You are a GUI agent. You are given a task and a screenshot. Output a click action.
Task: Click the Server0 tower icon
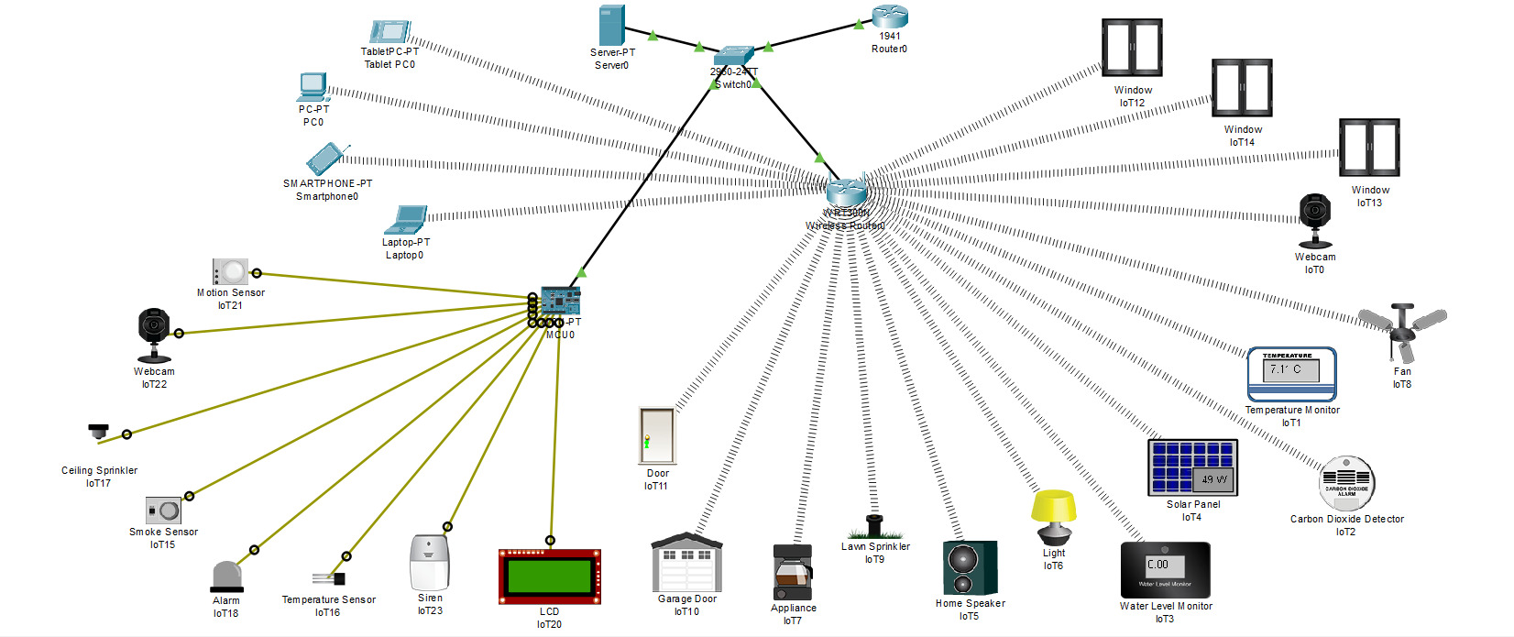click(x=611, y=26)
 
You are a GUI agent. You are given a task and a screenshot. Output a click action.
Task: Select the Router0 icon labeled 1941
click(x=889, y=16)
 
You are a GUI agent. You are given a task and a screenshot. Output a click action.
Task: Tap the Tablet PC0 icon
click(x=391, y=33)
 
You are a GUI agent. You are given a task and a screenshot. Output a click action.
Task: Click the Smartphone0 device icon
click(x=325, y=159)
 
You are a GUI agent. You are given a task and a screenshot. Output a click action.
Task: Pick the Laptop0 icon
click(x=406, y=221)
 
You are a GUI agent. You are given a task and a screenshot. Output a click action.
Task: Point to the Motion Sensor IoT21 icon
click(x=230, y=271)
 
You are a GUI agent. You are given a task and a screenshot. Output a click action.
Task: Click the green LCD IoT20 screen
click(x=549, y=577)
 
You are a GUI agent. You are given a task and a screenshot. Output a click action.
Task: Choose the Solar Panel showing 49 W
click(x=1192, y=467)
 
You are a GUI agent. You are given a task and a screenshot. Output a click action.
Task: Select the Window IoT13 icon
click(x=1368, y=148)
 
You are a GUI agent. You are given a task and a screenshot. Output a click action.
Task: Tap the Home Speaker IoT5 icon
click(x=969, y=568)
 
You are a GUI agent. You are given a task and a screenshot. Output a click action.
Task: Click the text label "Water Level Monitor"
click(x=1165, y=606)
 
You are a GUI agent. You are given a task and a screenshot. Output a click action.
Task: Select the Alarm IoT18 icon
click(x=226, y=577)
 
